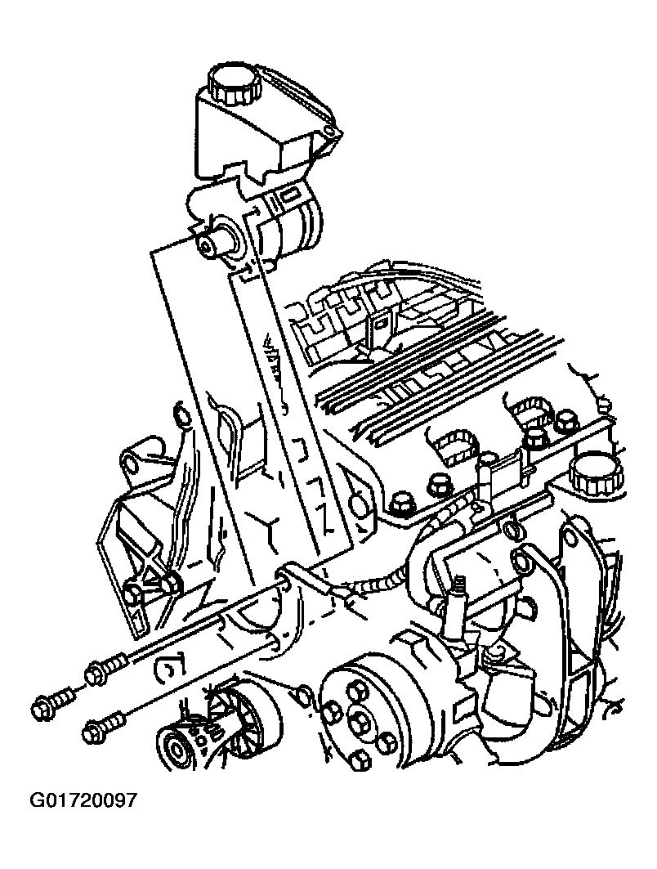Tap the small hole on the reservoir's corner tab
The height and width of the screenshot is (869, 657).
pos(330,133)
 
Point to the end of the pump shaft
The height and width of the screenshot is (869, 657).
pos(208,247)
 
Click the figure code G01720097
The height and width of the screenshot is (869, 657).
pos(83,800)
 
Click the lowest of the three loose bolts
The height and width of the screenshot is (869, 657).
pos(104,728)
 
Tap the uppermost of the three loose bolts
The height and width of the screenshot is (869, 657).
pos(108,667)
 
